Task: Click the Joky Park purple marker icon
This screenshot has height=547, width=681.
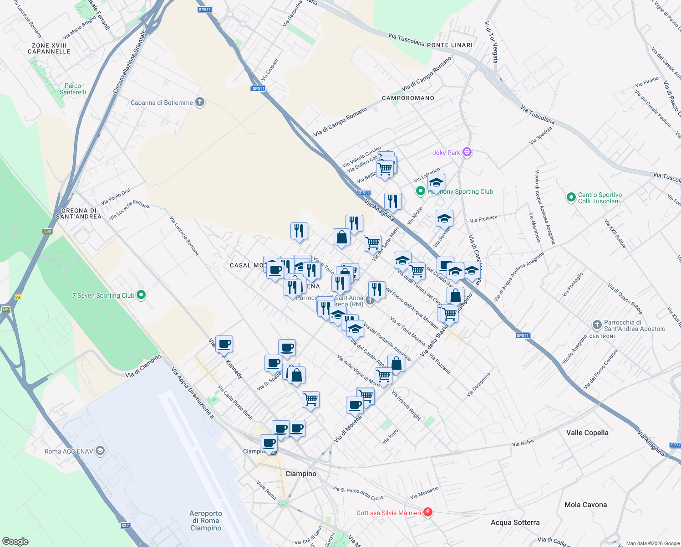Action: pyautogui.click(x=467, y=152)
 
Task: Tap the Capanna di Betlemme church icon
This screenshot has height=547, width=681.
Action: pyautogui.click(x=200, y=102)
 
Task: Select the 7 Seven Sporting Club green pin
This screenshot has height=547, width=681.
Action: pyautogui.click(x=141, y=295)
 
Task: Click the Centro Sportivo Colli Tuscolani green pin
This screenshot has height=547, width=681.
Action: pyautogui.click(x=571, y=197)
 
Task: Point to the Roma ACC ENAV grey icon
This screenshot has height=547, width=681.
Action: pyautogui.click(x=100, y=451)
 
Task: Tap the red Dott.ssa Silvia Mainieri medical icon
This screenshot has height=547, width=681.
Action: pyautogui.click(x=427, y=512)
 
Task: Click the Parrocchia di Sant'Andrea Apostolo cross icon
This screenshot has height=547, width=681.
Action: pyautogui.click(x=597, y=325)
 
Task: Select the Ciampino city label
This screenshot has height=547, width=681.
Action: pyautogui.click(x=301, y=474)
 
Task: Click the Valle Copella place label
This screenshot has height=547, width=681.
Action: pyautogui.click(x=587, y=433)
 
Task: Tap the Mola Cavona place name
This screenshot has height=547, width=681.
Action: pyautogui.click(x=585, y=505)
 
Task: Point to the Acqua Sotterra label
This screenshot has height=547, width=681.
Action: pyautogui.click(x=515, y=522)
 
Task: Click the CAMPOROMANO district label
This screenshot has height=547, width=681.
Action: pyautogui.click(x=408, y=98)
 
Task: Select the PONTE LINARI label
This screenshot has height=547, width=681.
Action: pyautogui.click(x=450, y=45)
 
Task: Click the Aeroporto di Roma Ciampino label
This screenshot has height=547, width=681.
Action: pyautogui.click(x=206, y=521)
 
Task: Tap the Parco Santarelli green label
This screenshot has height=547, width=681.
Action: pyautogui.click(x=73, y=89)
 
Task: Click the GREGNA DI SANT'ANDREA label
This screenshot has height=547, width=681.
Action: pyautogui.click(x=78, y=214)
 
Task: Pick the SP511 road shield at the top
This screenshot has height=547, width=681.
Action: pyautogui.click(x=205, y=9)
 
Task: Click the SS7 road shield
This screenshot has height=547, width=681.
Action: pyautogui.click(x=125, y=526)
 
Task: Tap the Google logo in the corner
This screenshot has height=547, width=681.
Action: pyautogui.click(x=15, y=541)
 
